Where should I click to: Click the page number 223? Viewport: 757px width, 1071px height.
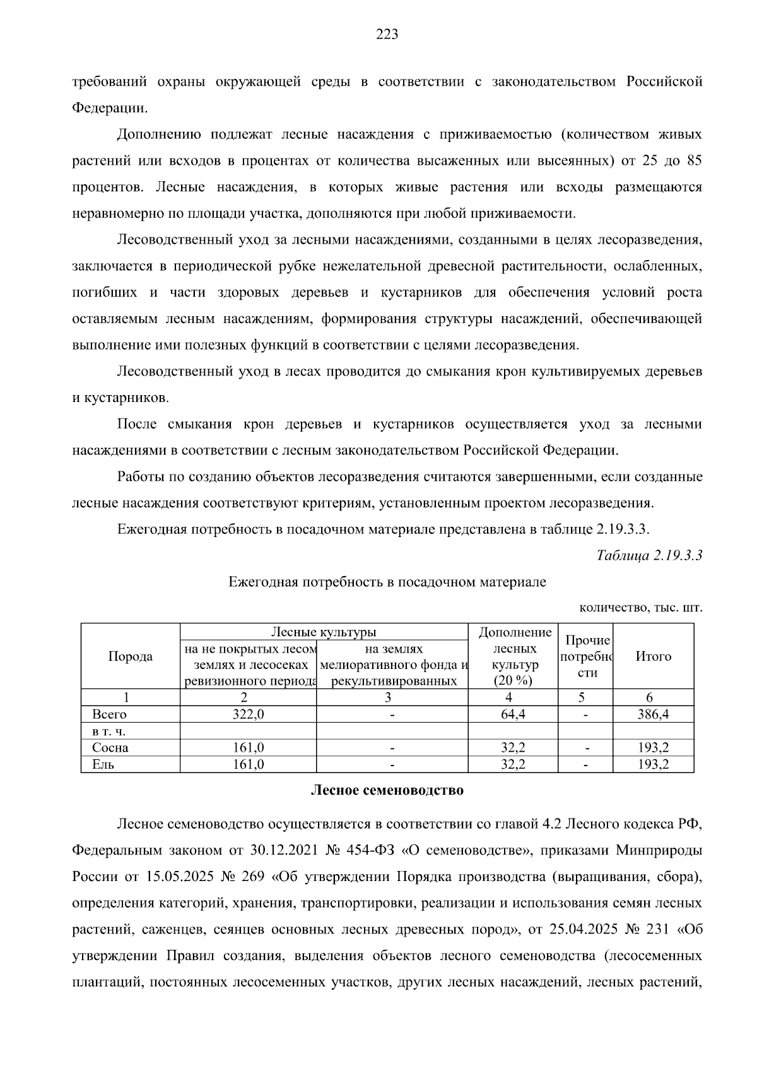[387, 35]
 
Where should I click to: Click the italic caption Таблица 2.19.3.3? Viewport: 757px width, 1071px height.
[649, 555]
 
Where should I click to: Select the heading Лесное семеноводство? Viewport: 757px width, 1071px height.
[387, 790]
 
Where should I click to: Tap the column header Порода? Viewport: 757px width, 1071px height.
[131, 656]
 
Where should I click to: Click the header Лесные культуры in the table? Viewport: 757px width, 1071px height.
[324, 632]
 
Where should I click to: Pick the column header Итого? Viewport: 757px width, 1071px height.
[653, 656]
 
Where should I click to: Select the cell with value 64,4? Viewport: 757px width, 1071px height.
[512, 714]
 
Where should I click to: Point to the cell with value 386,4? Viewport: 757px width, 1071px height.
[653, 714]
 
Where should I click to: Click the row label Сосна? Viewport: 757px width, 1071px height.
[110, 748]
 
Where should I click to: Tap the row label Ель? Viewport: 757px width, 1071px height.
[103, 764]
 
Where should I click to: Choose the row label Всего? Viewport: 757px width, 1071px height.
[109, 714]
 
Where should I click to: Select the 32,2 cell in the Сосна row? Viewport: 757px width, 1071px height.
[512, 748]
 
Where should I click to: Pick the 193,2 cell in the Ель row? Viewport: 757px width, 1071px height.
[653, 764]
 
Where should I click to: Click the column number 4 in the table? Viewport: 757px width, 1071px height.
[509, 697]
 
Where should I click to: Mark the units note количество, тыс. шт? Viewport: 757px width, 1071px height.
[640, 608]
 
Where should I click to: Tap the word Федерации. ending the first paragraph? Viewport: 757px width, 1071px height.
[110, 108]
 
